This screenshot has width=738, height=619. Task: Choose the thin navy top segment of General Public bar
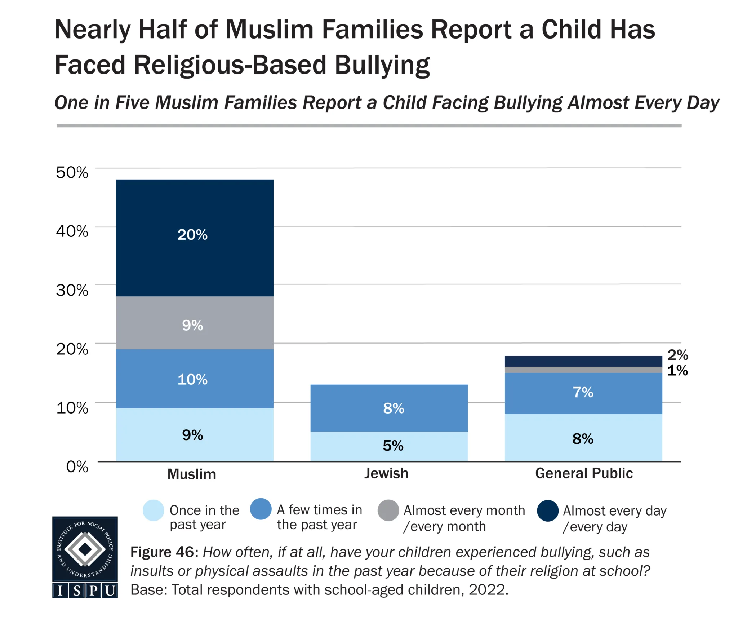tap(583, 361)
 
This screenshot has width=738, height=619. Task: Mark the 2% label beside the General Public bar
tap(677, 355)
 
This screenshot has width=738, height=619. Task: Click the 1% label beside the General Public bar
tap(677, 371)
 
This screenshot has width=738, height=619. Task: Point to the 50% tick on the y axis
tap(72, 172)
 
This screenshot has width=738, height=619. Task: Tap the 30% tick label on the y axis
tap(72, 290)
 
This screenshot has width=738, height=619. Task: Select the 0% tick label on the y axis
tap(77, 467)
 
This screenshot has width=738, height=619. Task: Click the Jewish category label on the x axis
tap(386, 473)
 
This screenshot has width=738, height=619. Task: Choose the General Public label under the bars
tap(584, 473)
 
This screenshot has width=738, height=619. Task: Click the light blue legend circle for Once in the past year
tap(154, 510)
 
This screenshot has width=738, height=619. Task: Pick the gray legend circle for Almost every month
tap(388, 510)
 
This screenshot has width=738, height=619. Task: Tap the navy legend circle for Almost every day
tap(548, 510)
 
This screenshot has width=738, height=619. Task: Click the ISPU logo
tap(85, 557)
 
